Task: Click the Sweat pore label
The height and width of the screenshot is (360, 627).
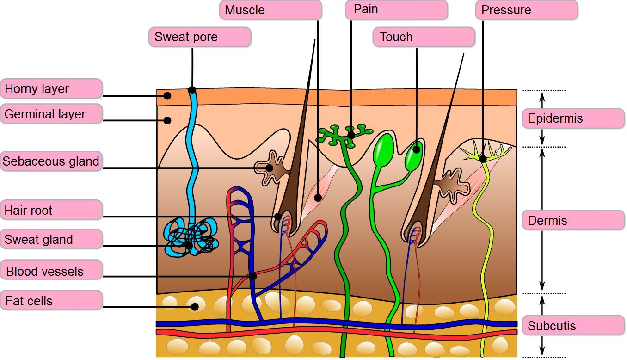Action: [x=200, y=37]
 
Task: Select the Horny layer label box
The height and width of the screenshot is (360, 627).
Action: [x=51, y=88]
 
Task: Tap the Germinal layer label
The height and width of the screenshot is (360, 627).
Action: [x=51, y=114]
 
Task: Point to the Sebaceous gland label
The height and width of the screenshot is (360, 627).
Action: [x=51, y=161]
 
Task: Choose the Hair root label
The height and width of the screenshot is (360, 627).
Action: [x=51, y=210]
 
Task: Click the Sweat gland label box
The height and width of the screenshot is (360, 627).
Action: [x=51, y=239]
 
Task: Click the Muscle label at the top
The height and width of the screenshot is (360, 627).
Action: [x=270, y=10]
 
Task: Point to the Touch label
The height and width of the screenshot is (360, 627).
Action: [x=424, y=37]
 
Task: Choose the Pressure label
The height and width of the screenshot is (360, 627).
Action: [x=527, y=10]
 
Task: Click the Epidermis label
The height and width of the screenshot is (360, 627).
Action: [x=573, y=118]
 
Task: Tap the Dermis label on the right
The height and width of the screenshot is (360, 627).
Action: [x=573, y=220]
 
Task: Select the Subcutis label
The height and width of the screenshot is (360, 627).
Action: [x=573, y=325]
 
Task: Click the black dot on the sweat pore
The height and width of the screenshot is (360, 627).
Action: [x=192, y=90]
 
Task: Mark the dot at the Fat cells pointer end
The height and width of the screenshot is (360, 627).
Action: [x=195, y=307]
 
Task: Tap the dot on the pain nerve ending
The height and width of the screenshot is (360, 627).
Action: [x=351, y=136]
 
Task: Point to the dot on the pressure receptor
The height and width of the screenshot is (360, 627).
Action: [x=483, y=159]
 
